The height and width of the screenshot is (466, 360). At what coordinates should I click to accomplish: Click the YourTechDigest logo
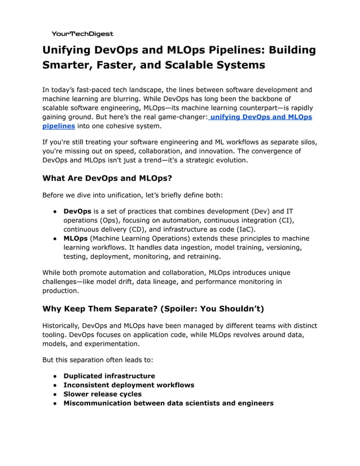(x=82, y=34)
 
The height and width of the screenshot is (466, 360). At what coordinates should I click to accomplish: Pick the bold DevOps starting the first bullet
(x=77, y=211)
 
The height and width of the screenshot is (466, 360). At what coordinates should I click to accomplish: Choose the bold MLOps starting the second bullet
(x=76, y=238)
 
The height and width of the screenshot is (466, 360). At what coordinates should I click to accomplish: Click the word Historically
(x=61, y=326)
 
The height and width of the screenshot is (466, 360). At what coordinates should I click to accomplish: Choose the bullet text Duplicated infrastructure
(x=109, y=376)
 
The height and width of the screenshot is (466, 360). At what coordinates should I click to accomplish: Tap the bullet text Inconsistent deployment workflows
(x=129, y=385)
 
